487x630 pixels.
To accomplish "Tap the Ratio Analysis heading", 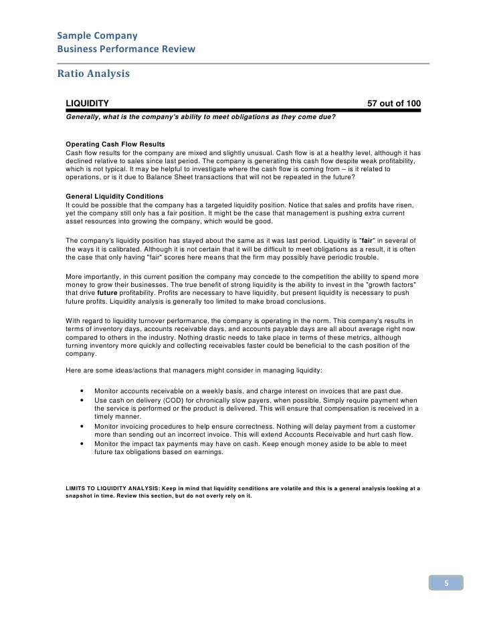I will pyautogui.click(x=90, y=74).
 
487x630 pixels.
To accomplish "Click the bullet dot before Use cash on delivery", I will pyautogui.click(x=81, y=399).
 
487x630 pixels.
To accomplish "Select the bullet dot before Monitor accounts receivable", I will pyautogui.click(x=81, y=391).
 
